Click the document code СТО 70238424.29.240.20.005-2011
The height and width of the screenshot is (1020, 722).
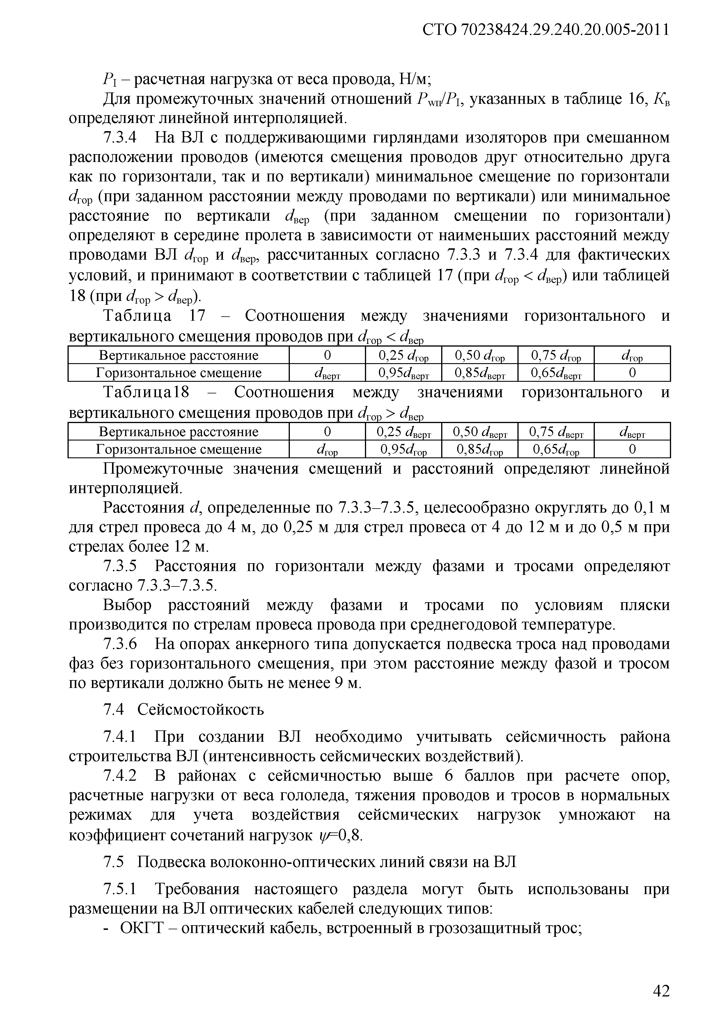pos(545,30)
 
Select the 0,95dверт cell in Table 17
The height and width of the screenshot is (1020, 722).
pos(403,373)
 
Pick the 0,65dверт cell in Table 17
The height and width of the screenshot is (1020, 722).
pos(556,373)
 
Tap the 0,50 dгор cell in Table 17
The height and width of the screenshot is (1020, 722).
pos(479,355)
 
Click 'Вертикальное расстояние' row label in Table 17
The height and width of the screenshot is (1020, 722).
pos(178,355)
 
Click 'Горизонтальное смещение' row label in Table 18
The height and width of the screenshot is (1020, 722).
pos(178,450)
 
